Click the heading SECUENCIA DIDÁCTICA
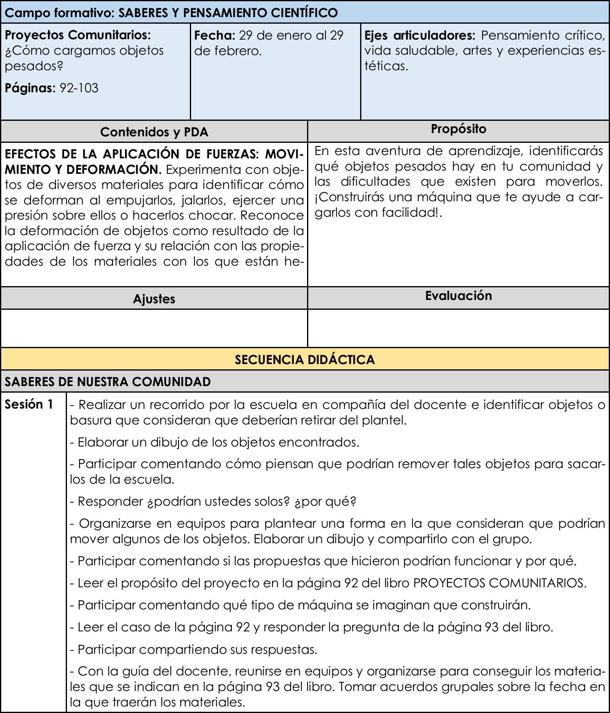pos(305,360)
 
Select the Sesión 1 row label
pos(29,404)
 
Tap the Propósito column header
pos(459,129)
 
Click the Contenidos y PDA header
pos(154,132)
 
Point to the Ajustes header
pos(154,299)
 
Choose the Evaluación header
pos(459,295)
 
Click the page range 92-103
pos(79,88)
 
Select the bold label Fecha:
pos(215,36)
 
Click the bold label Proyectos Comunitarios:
pos(78,35)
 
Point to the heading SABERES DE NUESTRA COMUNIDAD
pos(108,382)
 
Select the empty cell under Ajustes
pos(154,328)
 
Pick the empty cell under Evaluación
pos(459,328)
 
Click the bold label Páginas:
pos(30,88)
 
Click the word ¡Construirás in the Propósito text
pos(350,197)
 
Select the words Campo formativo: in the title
pos(60,13)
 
